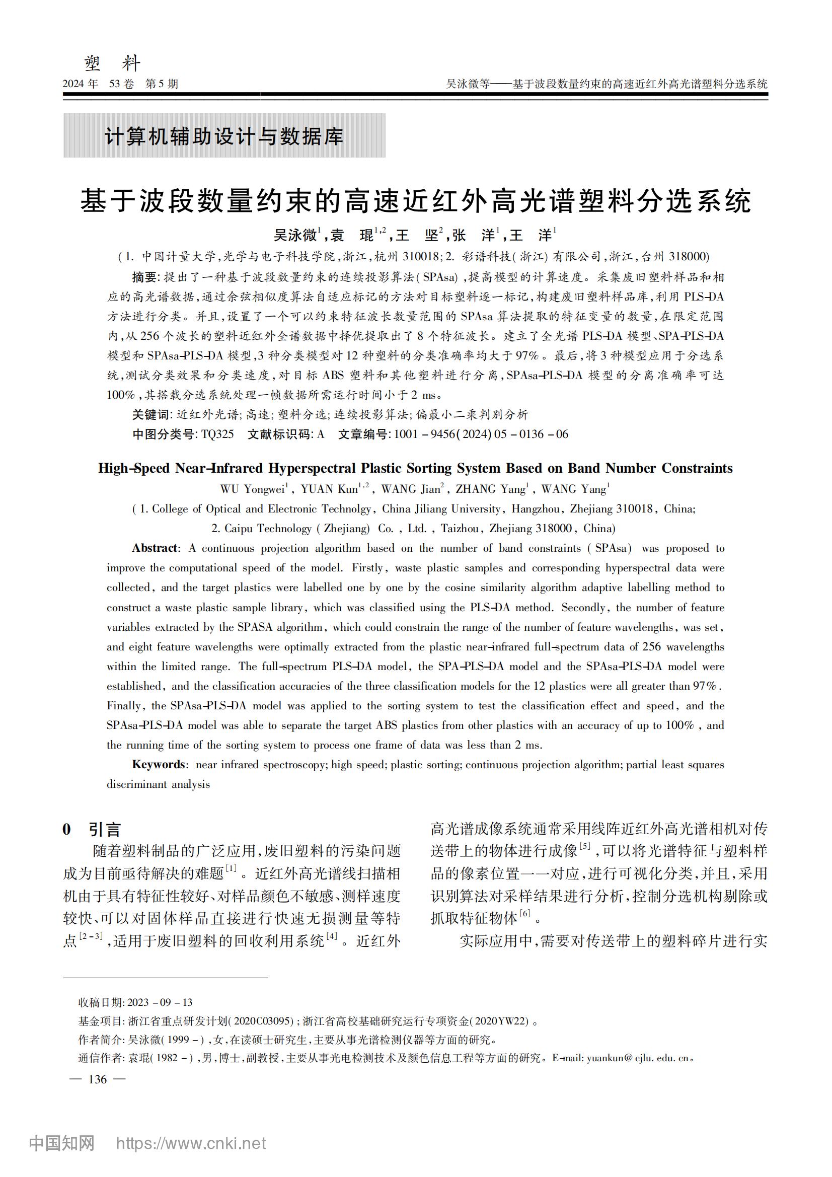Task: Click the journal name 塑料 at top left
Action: (x=112, y=63)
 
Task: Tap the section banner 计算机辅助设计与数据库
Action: (x=223, y=136)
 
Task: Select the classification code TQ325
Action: (x=217, y=434)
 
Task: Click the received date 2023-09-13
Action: (x=160, y=1002)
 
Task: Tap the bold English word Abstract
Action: (x=155, y=548)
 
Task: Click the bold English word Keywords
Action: (x=159, y=764)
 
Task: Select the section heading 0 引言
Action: (x=92, y=829)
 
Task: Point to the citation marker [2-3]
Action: (x=91, y=936)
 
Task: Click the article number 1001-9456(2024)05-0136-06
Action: (x=481, y=434)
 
